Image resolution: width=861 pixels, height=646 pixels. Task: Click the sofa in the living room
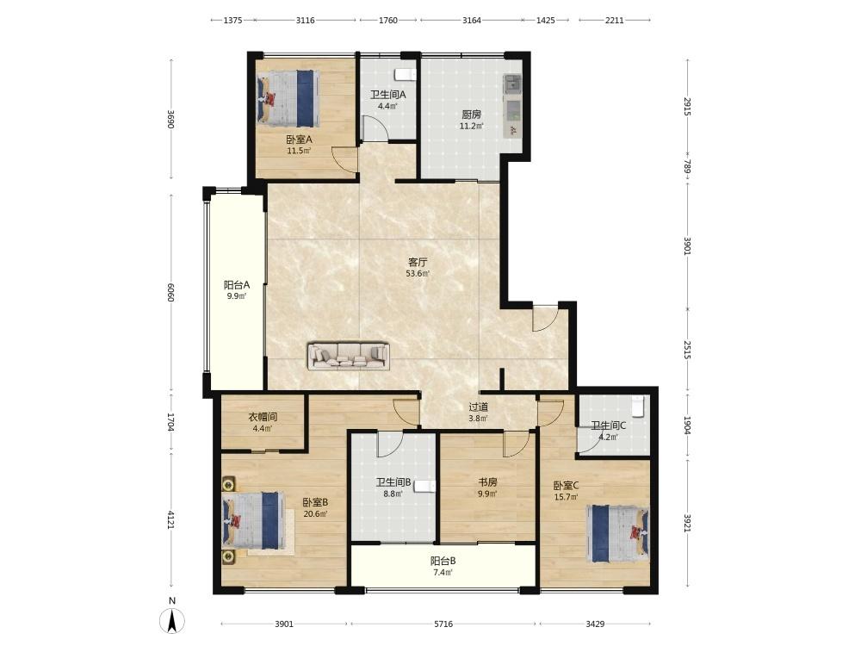[x=348, y=356]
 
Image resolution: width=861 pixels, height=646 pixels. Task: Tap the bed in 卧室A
[x=288, y=98]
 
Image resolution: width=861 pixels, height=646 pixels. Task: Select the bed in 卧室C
[x=617, y=533]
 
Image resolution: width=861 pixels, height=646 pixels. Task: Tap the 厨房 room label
[x=471, y=115]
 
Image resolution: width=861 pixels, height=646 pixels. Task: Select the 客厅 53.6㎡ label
[x=418, y=267]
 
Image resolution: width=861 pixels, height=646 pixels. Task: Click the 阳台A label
[x=237, y=285]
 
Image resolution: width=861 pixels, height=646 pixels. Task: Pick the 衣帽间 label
[x=263, y=417]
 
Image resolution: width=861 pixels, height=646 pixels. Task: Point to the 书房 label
[x=487, y=482]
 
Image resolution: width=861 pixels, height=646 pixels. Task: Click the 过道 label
[x=478, y=407]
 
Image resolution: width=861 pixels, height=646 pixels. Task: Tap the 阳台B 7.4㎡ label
[x=443, y=567]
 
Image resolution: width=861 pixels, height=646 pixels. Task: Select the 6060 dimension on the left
[x=170, y=292]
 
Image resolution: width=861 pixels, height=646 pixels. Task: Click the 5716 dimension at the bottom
[x=443, y=624]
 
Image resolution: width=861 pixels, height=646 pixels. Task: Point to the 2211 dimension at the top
[x=615, y=21]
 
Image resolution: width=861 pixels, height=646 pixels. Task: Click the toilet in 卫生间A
[x=406, y=74]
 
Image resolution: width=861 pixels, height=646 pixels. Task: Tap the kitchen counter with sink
[x=513, y=106]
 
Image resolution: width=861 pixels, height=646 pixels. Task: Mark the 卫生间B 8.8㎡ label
[x=393, y=488]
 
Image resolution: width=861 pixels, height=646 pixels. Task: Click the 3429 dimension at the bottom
[x=595, y=624]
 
